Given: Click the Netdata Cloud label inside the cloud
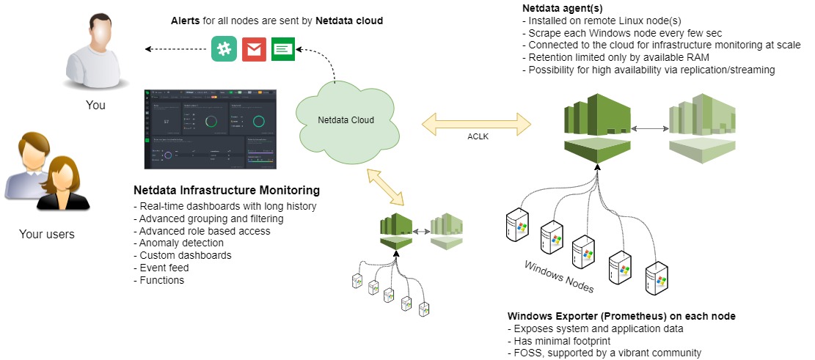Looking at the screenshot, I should coord(346,120).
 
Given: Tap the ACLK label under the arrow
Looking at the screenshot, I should coord(478,136).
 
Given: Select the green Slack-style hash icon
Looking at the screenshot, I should coord(223,49).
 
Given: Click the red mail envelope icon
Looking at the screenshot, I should coord(253,49).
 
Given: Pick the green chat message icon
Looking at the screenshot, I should coord(282,49).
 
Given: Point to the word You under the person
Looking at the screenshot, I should coord(95,105).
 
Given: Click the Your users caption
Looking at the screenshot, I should coord(47,235).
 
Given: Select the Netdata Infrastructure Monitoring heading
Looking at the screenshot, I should coord(227,191).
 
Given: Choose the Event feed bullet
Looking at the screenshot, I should coord(164,268).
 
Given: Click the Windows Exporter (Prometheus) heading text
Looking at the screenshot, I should coord(621,316).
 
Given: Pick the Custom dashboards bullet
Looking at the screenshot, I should coord(183,255).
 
